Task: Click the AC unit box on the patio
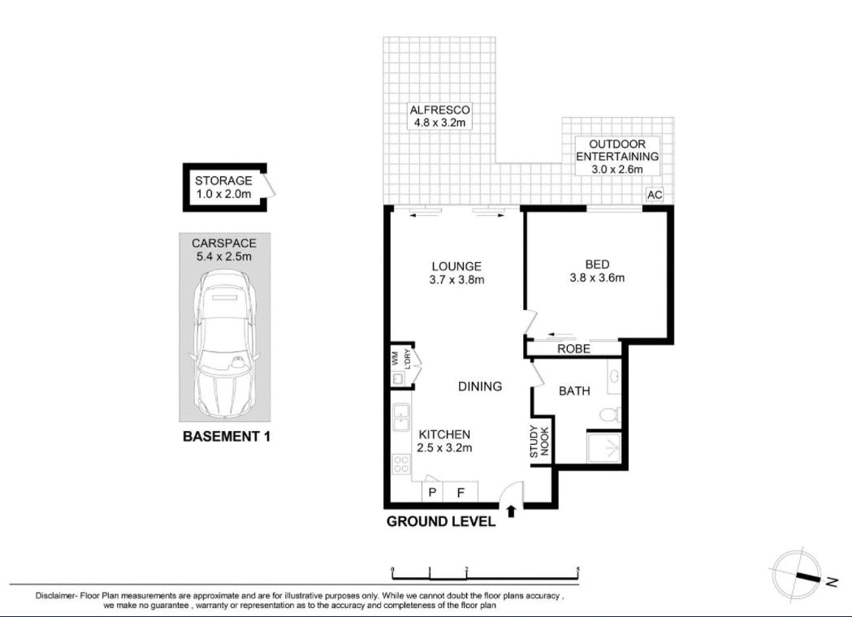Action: pyautogui.click(x=655, y=195)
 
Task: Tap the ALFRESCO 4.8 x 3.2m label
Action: pyautogui.click(x=439, y=116)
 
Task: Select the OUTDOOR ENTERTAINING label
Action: pyautogui.click(x=616, y=157)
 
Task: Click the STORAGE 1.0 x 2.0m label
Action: pyautogui.click(x=223, y=188)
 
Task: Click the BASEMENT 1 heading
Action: pyautogui.click(x=226, y=436)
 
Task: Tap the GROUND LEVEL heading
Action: pyautogui.click(x=440, y=522)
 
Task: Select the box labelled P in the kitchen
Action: pyautogui.click(x=432, y=492)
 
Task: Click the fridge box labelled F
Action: pyautogui.click(x=460, y=492)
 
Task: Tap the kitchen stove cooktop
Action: pyautogui.click(x=401, y=464)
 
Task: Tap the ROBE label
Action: pyautogui.click(x=573, y=349)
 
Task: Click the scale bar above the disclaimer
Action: pyautogui.click(x=485, y=572)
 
